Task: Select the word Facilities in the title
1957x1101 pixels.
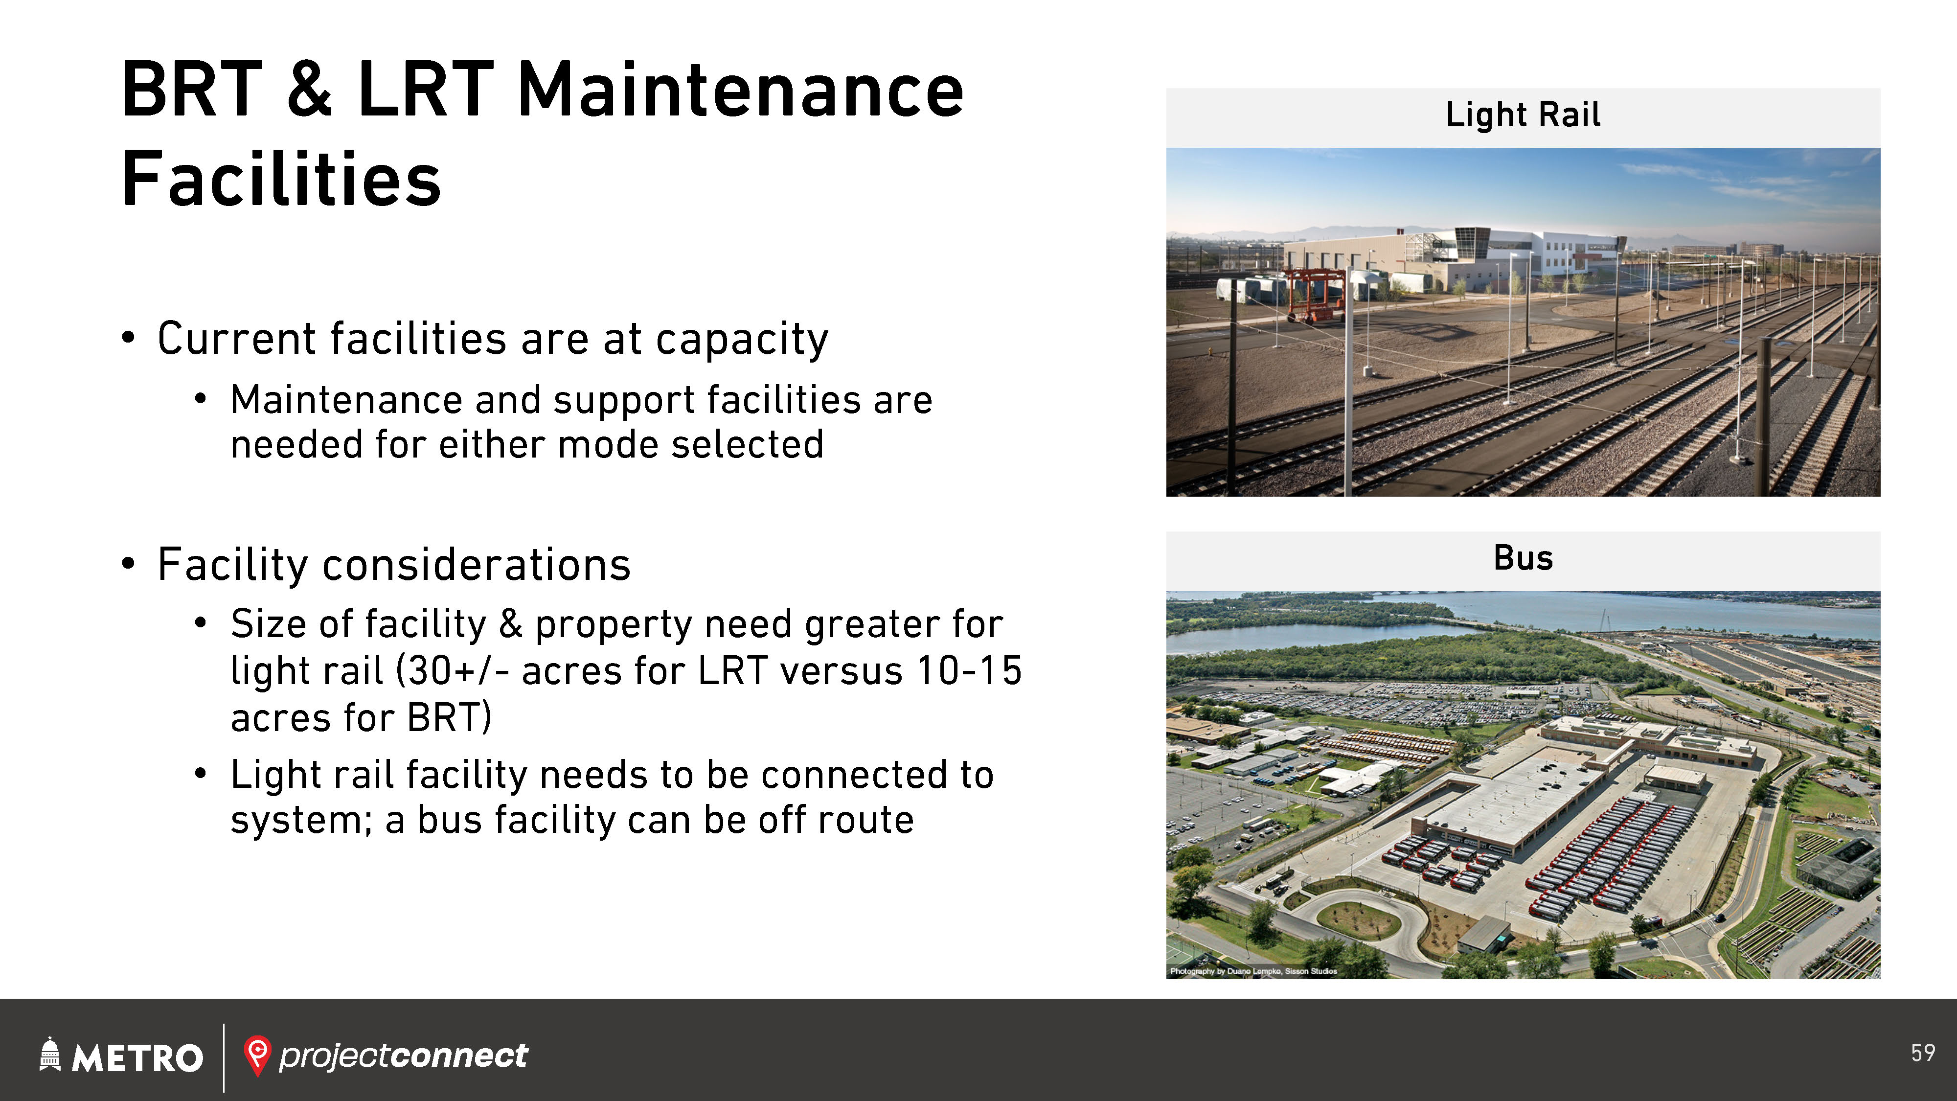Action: coord(281,179)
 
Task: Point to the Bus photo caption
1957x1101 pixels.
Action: coord(1523,558)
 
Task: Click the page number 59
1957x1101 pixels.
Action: coord(1923,1053)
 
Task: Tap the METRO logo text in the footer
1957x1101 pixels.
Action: coord(137,1057)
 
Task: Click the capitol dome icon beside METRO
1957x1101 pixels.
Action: coord(49,1054)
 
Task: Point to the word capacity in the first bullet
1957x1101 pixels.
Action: coord(742,340)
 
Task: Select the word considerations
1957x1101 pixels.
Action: coord(477,565)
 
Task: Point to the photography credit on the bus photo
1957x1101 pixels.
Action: coord(1253,971)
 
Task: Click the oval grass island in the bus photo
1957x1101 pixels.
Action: coord(1358,919)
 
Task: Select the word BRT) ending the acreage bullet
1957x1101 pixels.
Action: coord(449,718)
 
